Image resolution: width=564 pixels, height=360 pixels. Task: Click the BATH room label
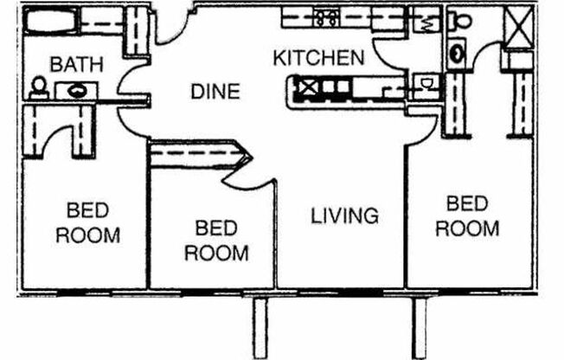coord(77,64)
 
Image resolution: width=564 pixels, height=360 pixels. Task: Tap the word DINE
coord(215,91)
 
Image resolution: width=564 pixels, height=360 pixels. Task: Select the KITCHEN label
coord(318,59)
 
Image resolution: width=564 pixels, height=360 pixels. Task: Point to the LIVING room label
coord(345,215)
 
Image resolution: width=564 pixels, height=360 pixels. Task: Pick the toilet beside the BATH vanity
coord(39,87)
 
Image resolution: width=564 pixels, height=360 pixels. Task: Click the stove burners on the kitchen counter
coord(327,16)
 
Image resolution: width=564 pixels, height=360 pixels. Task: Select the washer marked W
coord(425,18)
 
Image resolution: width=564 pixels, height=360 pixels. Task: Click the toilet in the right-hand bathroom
coord(460,21)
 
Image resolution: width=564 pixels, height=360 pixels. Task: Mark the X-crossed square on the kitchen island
coord(306,86)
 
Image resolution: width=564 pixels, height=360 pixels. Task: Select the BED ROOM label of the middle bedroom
coord(216,240)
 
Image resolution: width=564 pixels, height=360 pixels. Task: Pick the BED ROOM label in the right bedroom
coord(467,216)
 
